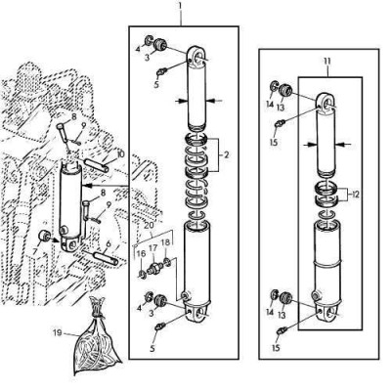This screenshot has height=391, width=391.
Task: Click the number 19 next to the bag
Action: (x=58, y=333)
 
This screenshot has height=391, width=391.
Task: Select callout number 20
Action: (x=149, y=225)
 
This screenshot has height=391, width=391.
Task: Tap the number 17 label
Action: (x=152, y=247)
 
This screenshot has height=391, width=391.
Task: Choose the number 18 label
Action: (x=166, y=241)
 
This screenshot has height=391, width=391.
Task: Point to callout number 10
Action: (x=120, y=153)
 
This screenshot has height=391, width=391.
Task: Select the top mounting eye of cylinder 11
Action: (x=325, y=105)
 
